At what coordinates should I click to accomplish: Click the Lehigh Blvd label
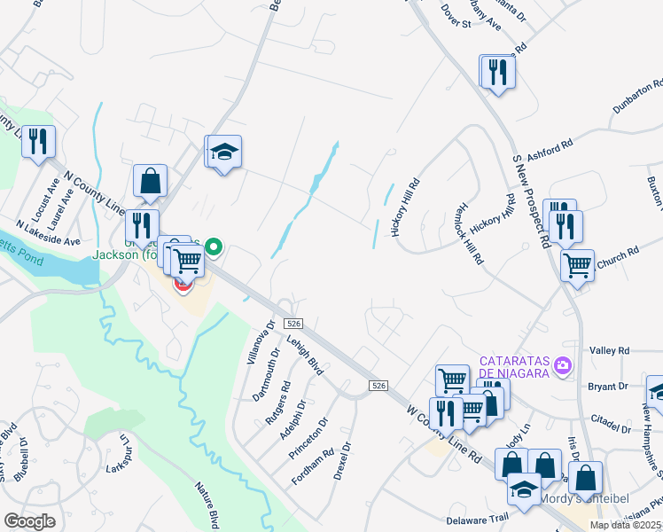(304, 356)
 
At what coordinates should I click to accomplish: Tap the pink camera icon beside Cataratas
(561, 365)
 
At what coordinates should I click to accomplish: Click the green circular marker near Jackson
(213, 247)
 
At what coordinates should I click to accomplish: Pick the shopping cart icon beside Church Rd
(578, 264)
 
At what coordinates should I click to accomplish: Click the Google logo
(29, 521)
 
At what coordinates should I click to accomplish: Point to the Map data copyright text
(625, 525)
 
